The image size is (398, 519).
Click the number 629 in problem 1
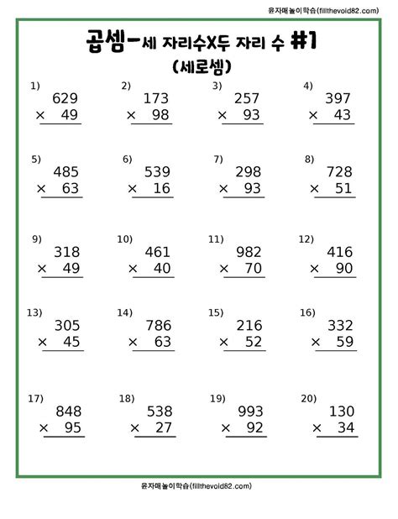[x=65, y=98]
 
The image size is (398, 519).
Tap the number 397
[x=337, y=98]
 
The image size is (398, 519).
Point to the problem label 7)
[x=217, y=158]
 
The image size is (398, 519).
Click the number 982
[x=249, y=252]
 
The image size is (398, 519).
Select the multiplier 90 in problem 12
[x=340, y=268]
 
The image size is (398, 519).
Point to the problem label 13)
[x=34, y=312]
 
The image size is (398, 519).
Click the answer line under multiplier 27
[x=151, y=439]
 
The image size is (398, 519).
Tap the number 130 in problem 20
[x=339, y=412]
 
